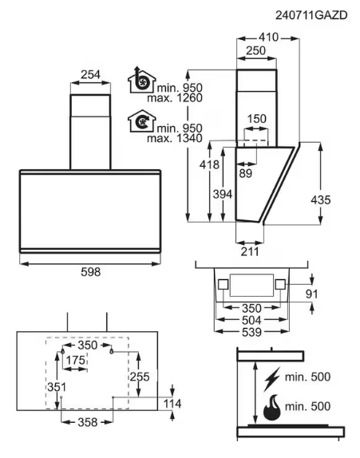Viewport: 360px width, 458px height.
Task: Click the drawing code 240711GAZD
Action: [x=311, y=15]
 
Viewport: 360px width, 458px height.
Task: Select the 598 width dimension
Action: [x=90, y=272]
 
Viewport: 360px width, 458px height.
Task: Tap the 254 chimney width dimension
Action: [x=90, y=74]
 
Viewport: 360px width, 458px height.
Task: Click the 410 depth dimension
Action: [x=268, y=37]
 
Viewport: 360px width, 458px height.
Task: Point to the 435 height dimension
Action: [x=321, y=200]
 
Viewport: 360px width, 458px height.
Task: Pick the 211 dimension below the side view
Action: [x=250, y=251]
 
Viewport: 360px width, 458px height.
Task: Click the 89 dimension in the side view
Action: [x=246, y=173]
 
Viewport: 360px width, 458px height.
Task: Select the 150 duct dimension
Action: [x=257, y=119]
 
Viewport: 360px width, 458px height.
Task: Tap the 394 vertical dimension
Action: [x=223, y=194]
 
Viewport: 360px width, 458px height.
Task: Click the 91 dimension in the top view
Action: [x=311, y=294]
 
